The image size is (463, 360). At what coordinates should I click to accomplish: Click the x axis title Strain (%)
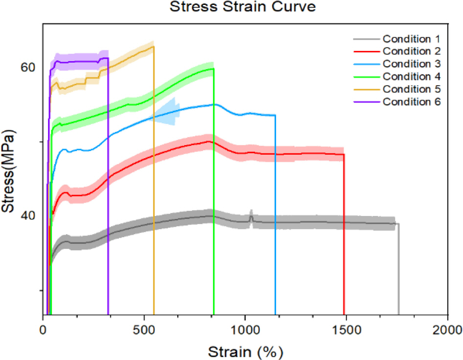tap(245, 351)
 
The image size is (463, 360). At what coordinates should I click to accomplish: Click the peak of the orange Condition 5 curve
tap(153, 47)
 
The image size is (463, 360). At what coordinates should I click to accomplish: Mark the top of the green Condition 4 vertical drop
tap(214, 69)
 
